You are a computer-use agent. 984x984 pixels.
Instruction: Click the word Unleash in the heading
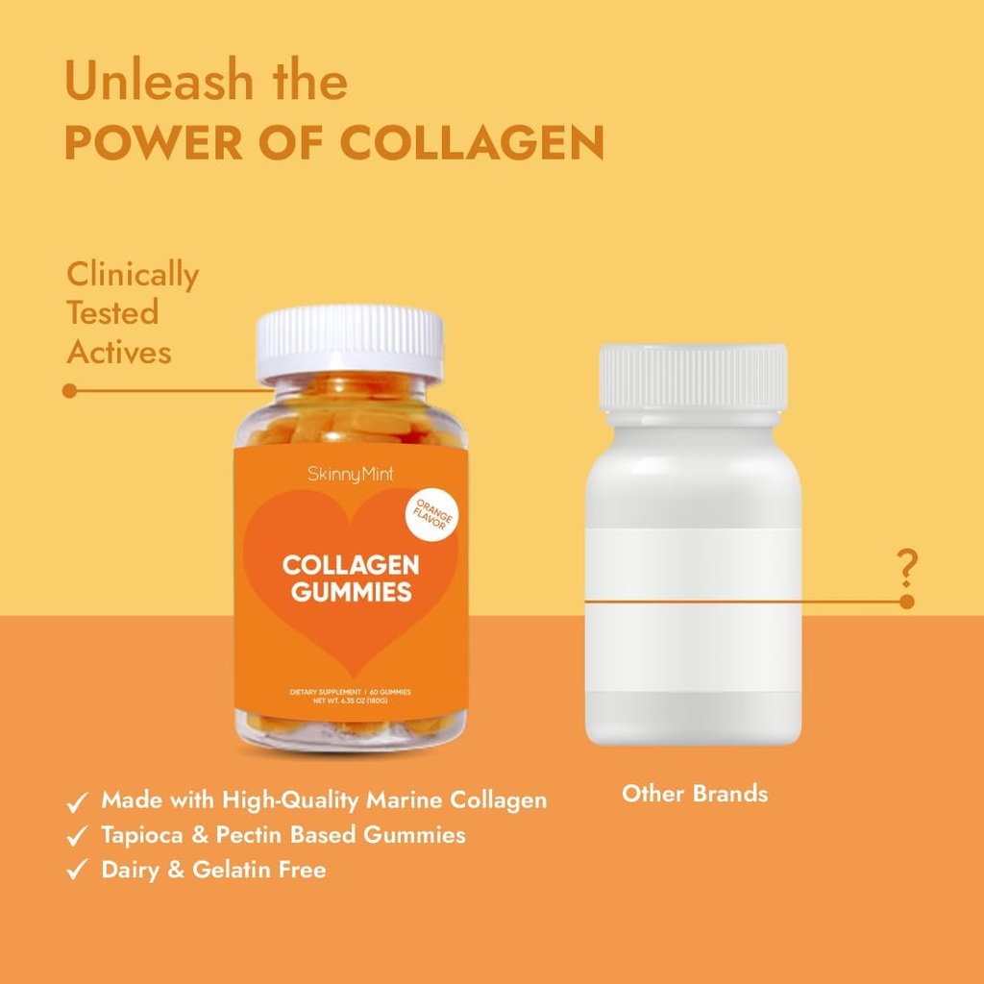pos(160,82)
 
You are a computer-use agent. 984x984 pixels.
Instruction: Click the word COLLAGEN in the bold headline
pos(472,142)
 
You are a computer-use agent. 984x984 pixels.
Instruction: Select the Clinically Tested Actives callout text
pos(132,313)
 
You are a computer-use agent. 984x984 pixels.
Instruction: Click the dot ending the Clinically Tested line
pos(69,391)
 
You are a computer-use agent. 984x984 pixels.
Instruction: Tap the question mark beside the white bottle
pos(906,568)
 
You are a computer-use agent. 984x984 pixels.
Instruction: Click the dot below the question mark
pos(906,602)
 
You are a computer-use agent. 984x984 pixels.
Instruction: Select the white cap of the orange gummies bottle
pos(350,342)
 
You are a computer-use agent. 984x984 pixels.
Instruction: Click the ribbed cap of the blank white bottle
pos(693,378)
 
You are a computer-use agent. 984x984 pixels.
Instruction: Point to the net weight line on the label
pos(351,701)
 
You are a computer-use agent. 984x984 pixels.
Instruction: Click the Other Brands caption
pos(695,794)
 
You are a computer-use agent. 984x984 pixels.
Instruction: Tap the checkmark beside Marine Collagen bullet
pos(77,801)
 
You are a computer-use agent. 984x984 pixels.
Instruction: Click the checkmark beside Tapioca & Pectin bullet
pos(77,836)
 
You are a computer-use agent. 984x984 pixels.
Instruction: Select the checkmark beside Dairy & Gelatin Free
pos(77,871)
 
